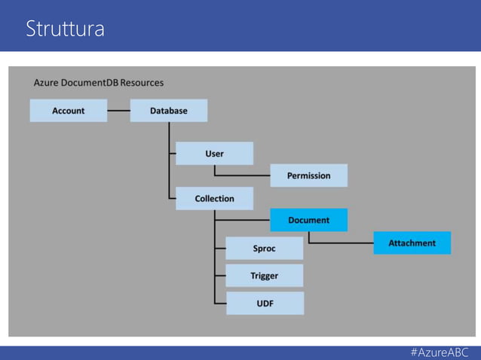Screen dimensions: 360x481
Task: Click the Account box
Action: coord(68,111)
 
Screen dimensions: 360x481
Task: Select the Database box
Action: coord(168,111)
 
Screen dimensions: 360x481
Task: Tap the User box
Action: coord(214,154)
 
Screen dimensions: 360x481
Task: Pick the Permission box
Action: coord(308,175)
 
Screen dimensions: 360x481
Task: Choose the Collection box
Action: coord(214,198)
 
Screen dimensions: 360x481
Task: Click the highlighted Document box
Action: coord(308,220)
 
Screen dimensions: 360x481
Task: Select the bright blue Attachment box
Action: coord(412,243)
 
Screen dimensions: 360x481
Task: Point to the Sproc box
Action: coord(264,248)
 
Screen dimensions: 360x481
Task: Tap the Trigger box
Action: coord(264,276)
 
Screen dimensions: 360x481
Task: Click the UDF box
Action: coord(264,303)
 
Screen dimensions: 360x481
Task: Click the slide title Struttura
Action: coord(65,29)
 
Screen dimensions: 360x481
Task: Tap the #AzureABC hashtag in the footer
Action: coord(440,352)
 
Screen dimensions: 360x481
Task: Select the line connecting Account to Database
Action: coord(118,111)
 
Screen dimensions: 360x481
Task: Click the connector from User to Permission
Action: coord(241,175)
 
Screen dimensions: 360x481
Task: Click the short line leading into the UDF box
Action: coord(220,303)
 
